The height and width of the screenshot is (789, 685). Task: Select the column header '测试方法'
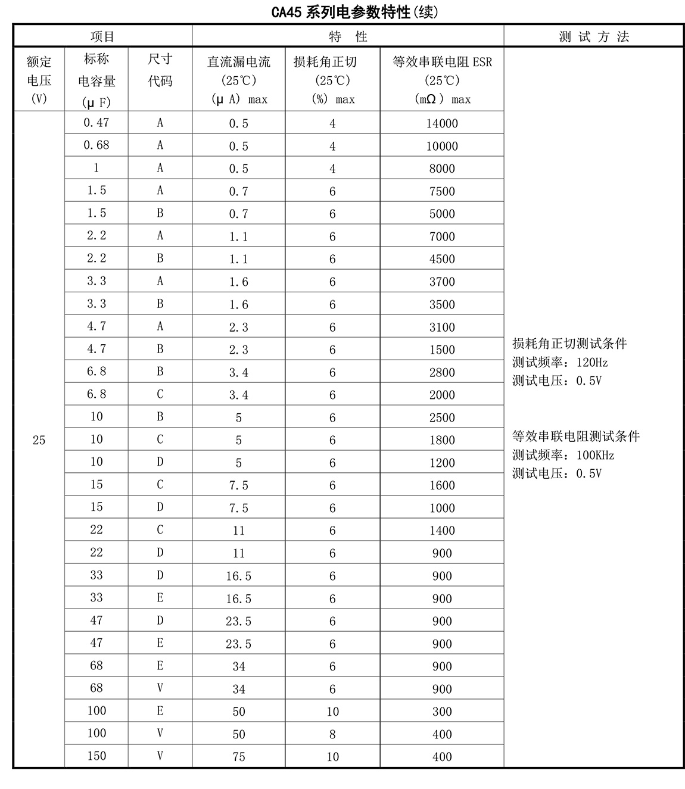pyautogui.click(x=593, y=36)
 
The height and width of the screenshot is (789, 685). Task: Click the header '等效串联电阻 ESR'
pyautogui.click(x=442, y=62)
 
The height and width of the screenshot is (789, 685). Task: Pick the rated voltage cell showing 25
pyautogui.click(x=39, y=440)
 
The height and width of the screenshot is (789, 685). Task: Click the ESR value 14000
pyautogui.click(x=442, y=123)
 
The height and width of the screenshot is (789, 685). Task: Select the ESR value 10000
pyautogui.click(x=442, y=146)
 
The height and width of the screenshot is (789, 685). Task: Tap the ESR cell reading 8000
pyautogui.click(x=442, y=169)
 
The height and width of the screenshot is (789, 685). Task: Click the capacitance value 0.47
pyautogui.click(x=96, y=123)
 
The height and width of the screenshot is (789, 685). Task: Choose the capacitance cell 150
pyautogui.click(x=96, y=756)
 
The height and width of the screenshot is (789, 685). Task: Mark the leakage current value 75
pyautogui.click(x=238, y=757)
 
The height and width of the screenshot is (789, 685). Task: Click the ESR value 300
pyautogui.click(x=442, y=712)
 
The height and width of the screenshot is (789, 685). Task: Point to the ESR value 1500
pyautogui.click(x=442, y=350)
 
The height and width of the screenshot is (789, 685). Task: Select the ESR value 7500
pyautogui.click(x=442, y=191)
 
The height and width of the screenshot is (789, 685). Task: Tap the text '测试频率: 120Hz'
pyautogui.click(x=560, y=362)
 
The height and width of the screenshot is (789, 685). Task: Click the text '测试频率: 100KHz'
pyautogui.click(x=563, y=455)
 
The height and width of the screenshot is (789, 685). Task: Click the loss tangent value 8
pyautogui.click(x=332, y=734)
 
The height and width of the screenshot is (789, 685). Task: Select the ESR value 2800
pyautogui.click(x=442, y=372)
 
